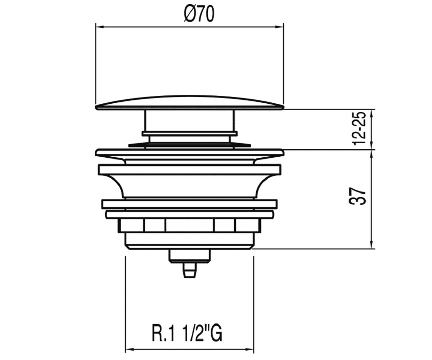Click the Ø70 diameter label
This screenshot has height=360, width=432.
tap(199, 14)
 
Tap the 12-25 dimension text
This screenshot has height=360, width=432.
tap(359, 129)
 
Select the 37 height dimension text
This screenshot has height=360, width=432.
tap(357, 196)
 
